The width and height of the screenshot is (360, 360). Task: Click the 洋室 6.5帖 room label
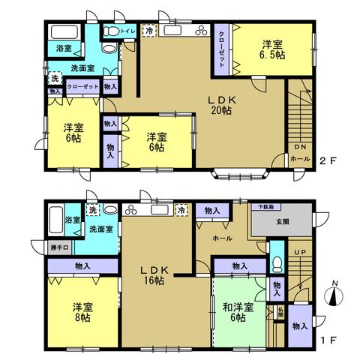point(271,49)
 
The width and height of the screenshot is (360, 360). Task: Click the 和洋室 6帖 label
point(238,311)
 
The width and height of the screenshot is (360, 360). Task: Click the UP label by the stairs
point(299,253)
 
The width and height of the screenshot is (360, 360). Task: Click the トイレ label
point(127,31)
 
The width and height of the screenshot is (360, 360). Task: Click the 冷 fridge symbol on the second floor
point(150,31)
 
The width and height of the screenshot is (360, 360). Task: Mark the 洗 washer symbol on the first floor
point(92,211)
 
